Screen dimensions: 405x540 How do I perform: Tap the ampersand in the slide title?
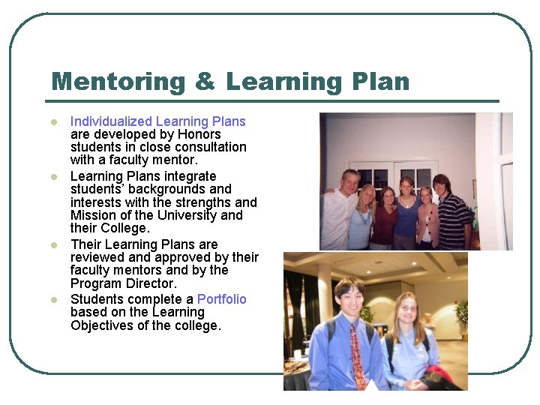tap(203, 81)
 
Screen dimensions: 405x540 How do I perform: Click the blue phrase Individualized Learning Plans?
tap(157, 121)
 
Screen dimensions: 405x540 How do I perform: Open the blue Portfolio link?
tap(221, 299)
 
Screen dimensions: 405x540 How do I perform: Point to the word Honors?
tap(199, 134)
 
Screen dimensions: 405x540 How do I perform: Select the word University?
tap(169, 215)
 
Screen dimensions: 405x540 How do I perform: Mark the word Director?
tap(152, 283)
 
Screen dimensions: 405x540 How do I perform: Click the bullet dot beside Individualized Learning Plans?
tap(53, 122)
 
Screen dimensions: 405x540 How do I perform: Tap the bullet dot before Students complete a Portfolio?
tap(53, 300)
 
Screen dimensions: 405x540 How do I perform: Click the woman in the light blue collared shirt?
tap(409, 349)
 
